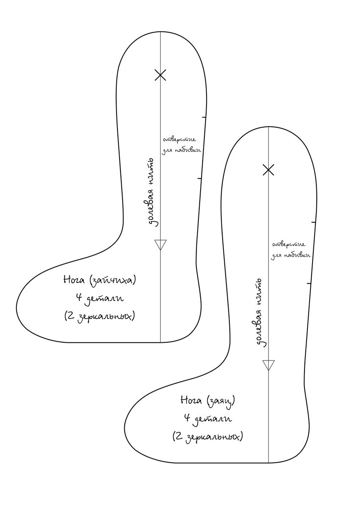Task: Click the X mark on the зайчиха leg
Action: pos(160,75)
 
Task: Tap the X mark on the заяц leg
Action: pos(268,170)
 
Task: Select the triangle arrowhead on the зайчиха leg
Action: pos(160,244)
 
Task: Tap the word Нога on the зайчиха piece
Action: pos(75,280)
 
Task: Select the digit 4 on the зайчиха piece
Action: pos(78,298)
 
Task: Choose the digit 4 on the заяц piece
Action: pos(187,419)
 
